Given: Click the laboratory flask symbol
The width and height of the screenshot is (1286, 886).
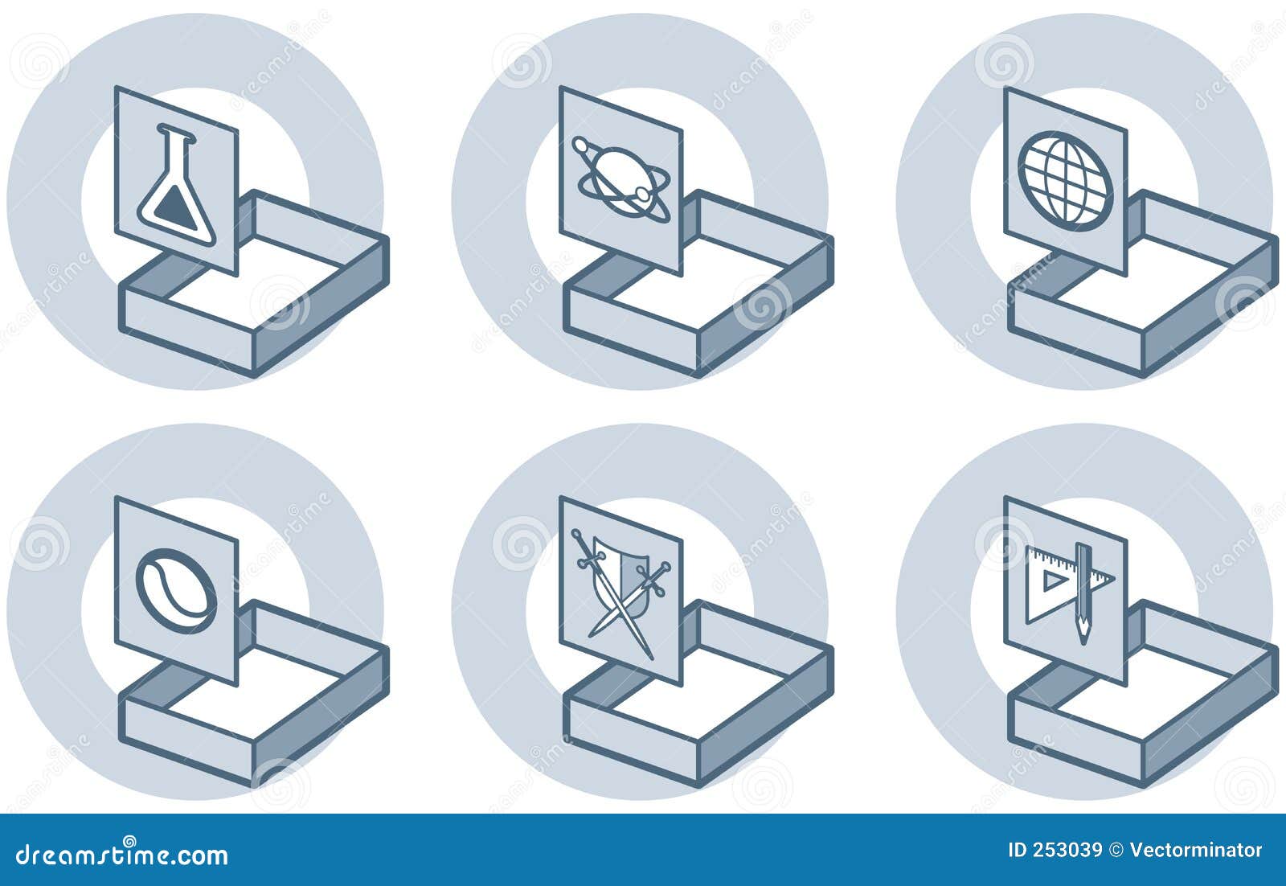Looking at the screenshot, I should pyautogui.click(x=176, y=185).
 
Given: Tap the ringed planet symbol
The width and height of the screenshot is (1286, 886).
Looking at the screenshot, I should pyautogui.click(x=621, y=182).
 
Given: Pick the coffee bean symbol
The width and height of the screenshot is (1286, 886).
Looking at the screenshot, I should pyautogui.click(x=176, y=590).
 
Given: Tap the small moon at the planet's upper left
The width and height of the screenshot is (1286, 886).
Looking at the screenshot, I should pyautogui.click(x=580, y=146).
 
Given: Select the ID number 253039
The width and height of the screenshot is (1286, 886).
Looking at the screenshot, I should pyautogui.click(x=1067, y=851).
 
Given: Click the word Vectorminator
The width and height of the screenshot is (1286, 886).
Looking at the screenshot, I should pyautogui.click(x=1196, y=851).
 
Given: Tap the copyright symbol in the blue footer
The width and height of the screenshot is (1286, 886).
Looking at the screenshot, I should pyautogui.click(x=1116, y=851).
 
